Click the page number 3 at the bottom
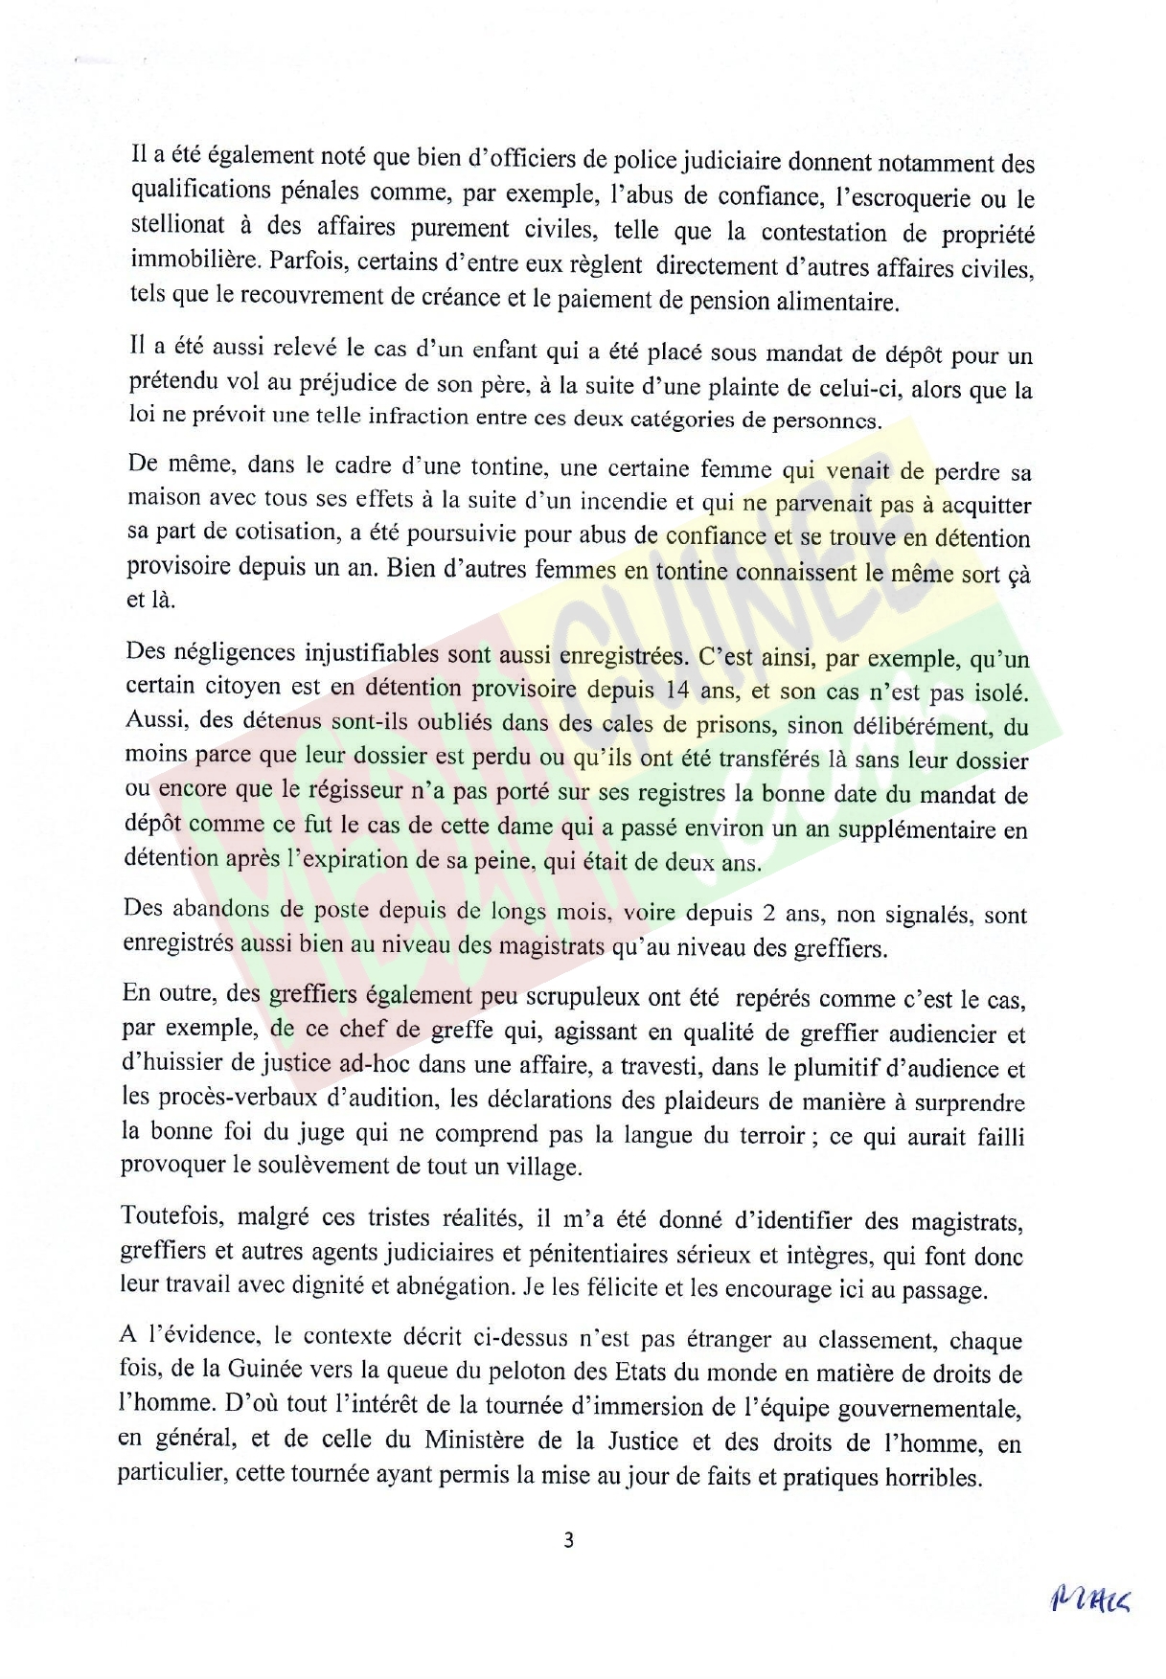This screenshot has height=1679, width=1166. click(568, 1540)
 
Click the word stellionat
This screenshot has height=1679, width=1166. click(177, 227)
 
